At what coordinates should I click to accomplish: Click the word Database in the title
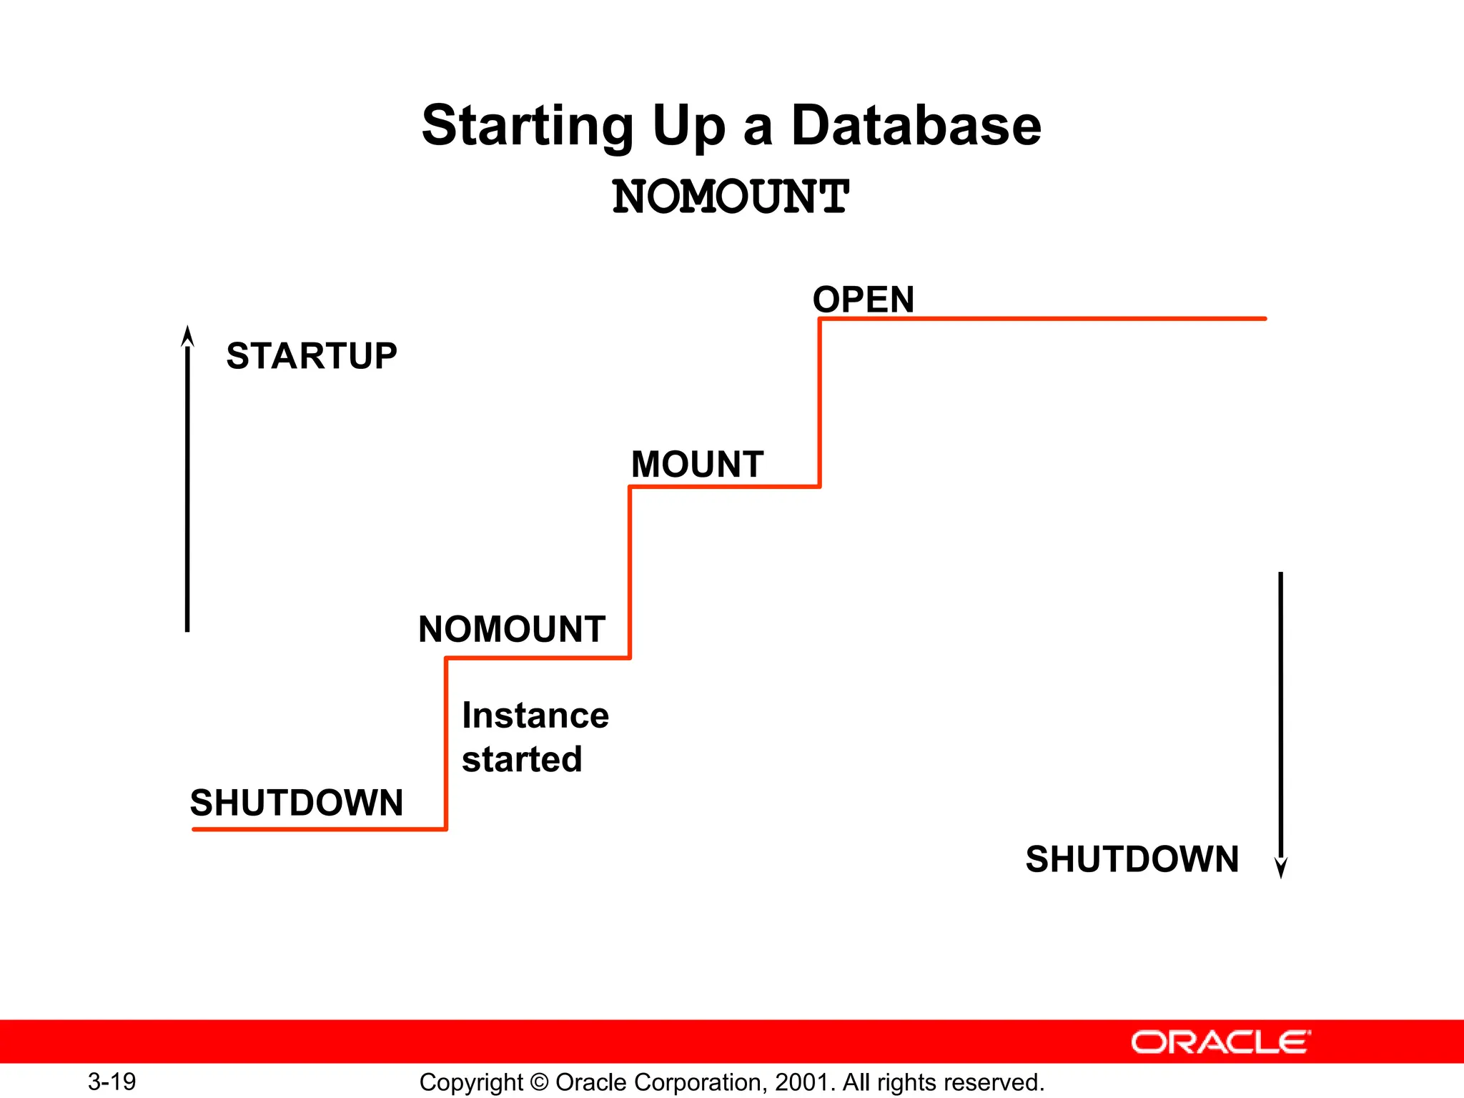(916, 126)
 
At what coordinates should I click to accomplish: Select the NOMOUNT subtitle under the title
(731, 197)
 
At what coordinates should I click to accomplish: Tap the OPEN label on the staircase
(864, 300)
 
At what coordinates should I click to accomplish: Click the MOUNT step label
(698, 465)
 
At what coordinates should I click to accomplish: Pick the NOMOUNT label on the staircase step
(512, 630)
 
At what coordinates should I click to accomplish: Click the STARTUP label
(312, 356)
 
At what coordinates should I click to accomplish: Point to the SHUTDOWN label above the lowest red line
(297, 803)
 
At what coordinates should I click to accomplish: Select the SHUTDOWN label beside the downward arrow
(1132, 859)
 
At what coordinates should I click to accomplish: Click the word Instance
(535, 716)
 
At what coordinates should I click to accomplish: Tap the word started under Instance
(522, 759)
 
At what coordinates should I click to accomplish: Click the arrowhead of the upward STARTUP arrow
(187, 335)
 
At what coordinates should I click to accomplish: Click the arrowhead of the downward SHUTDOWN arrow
(1281, 868)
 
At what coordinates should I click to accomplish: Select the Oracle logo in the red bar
(1220, 1042)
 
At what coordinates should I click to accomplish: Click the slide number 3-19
(112, 1082)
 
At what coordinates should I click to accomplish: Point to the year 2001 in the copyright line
(802, 1082)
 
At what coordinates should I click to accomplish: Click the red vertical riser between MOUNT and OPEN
(819, 403)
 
